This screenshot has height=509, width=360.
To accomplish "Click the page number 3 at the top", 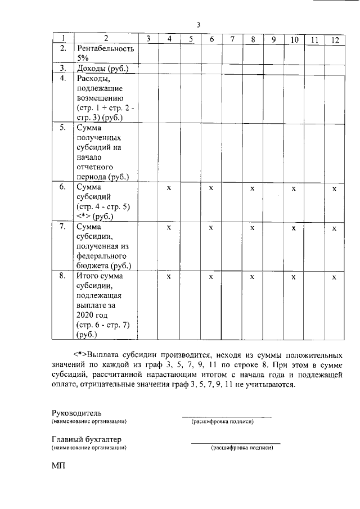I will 199,24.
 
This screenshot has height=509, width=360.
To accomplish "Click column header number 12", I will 335,39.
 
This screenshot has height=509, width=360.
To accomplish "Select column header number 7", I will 232,39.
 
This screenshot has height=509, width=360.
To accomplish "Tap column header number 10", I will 294,39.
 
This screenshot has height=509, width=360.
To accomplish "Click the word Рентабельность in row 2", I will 105,49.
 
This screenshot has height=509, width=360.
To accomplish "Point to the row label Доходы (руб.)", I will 102,69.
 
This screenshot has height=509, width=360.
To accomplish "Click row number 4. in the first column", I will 64,78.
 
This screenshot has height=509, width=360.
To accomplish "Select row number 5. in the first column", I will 64,128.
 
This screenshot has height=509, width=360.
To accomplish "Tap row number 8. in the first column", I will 64,276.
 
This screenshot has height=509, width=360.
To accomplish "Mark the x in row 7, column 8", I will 253,228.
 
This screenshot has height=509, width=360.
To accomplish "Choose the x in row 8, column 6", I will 211,277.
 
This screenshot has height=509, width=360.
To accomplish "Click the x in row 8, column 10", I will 294,277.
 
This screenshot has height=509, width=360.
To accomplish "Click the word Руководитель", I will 76,413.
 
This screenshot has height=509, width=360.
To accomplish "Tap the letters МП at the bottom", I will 58,467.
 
